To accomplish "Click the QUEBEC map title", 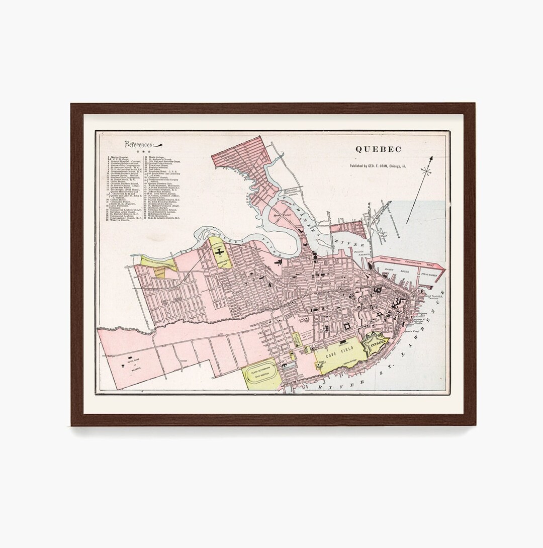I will tap(379, 149).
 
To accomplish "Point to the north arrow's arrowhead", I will tap(431, 158).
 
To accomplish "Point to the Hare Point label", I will tap(279, 215).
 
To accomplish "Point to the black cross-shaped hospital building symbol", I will tap(220, 252).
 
